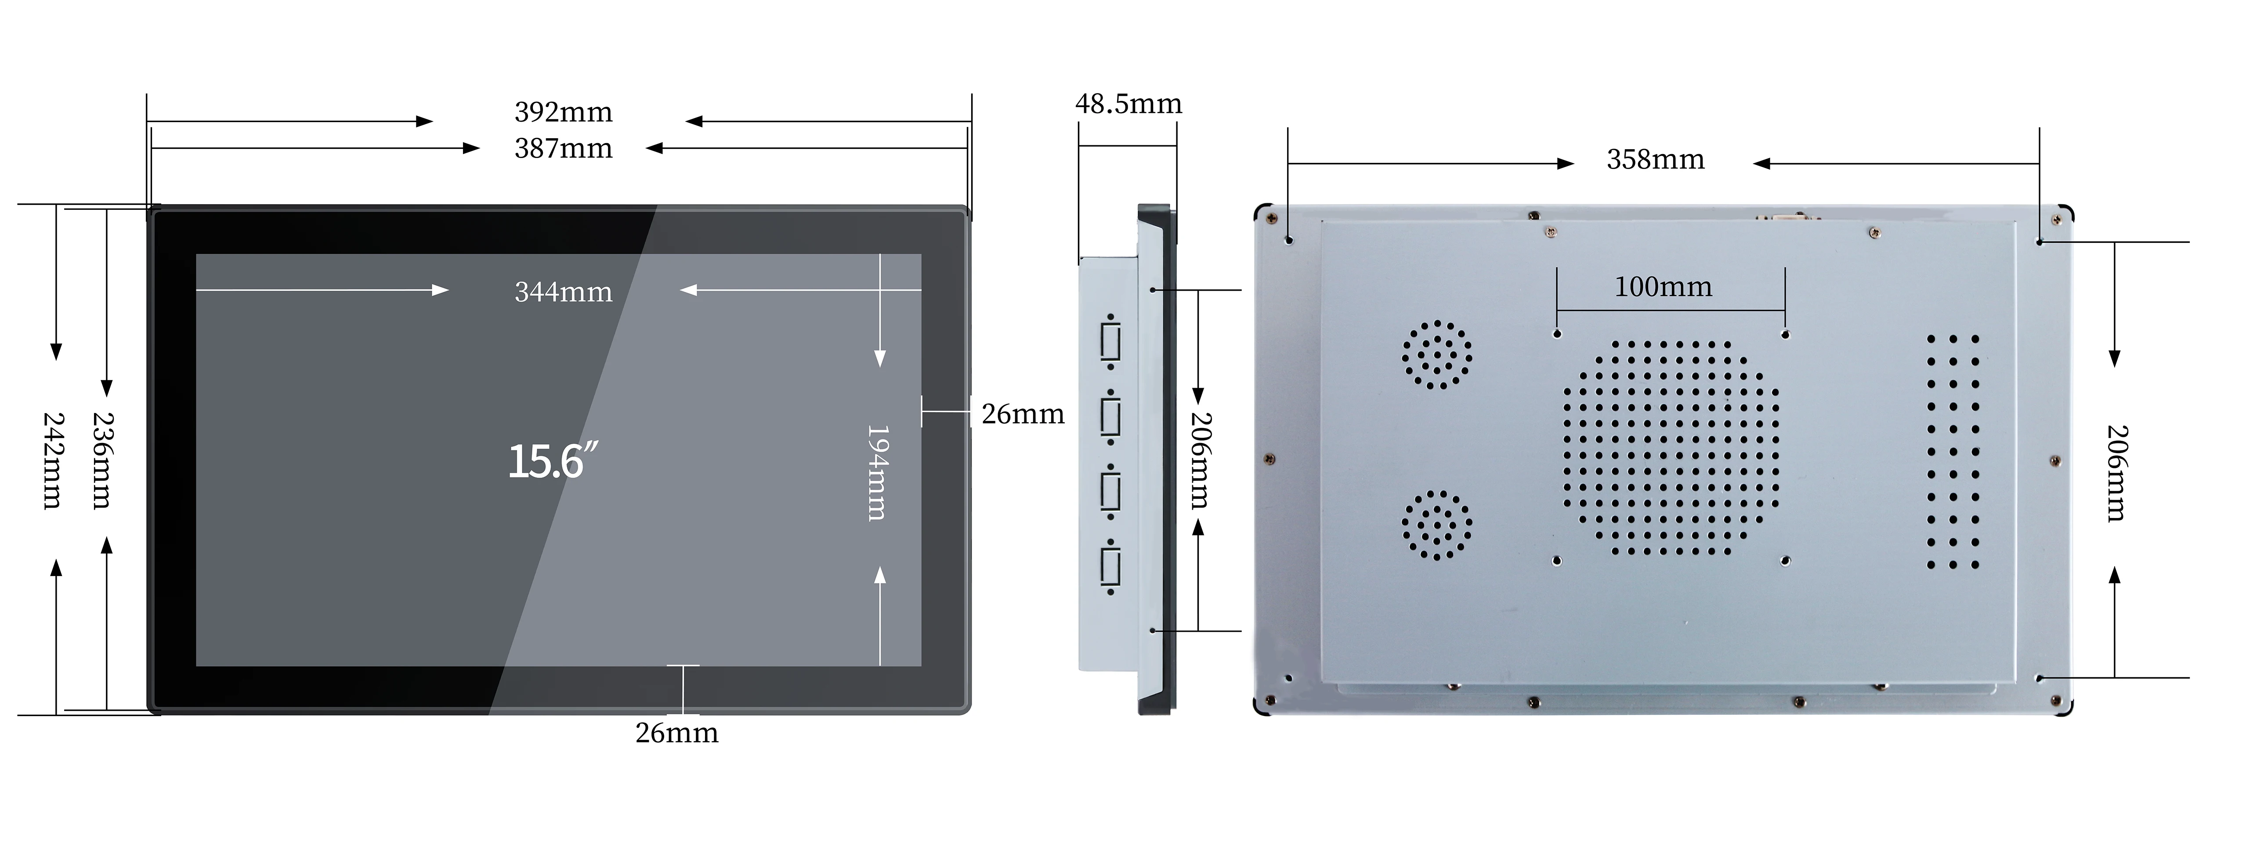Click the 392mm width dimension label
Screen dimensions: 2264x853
tap(563, 112)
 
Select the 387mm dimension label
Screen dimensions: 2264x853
tap(563, 148)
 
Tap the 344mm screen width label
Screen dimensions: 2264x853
tap(563, 292)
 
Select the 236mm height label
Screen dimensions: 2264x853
tap(102, 461)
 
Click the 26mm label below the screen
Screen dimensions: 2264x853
tap(677, 733)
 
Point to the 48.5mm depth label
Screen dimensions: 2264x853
tap(1128, 104)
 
